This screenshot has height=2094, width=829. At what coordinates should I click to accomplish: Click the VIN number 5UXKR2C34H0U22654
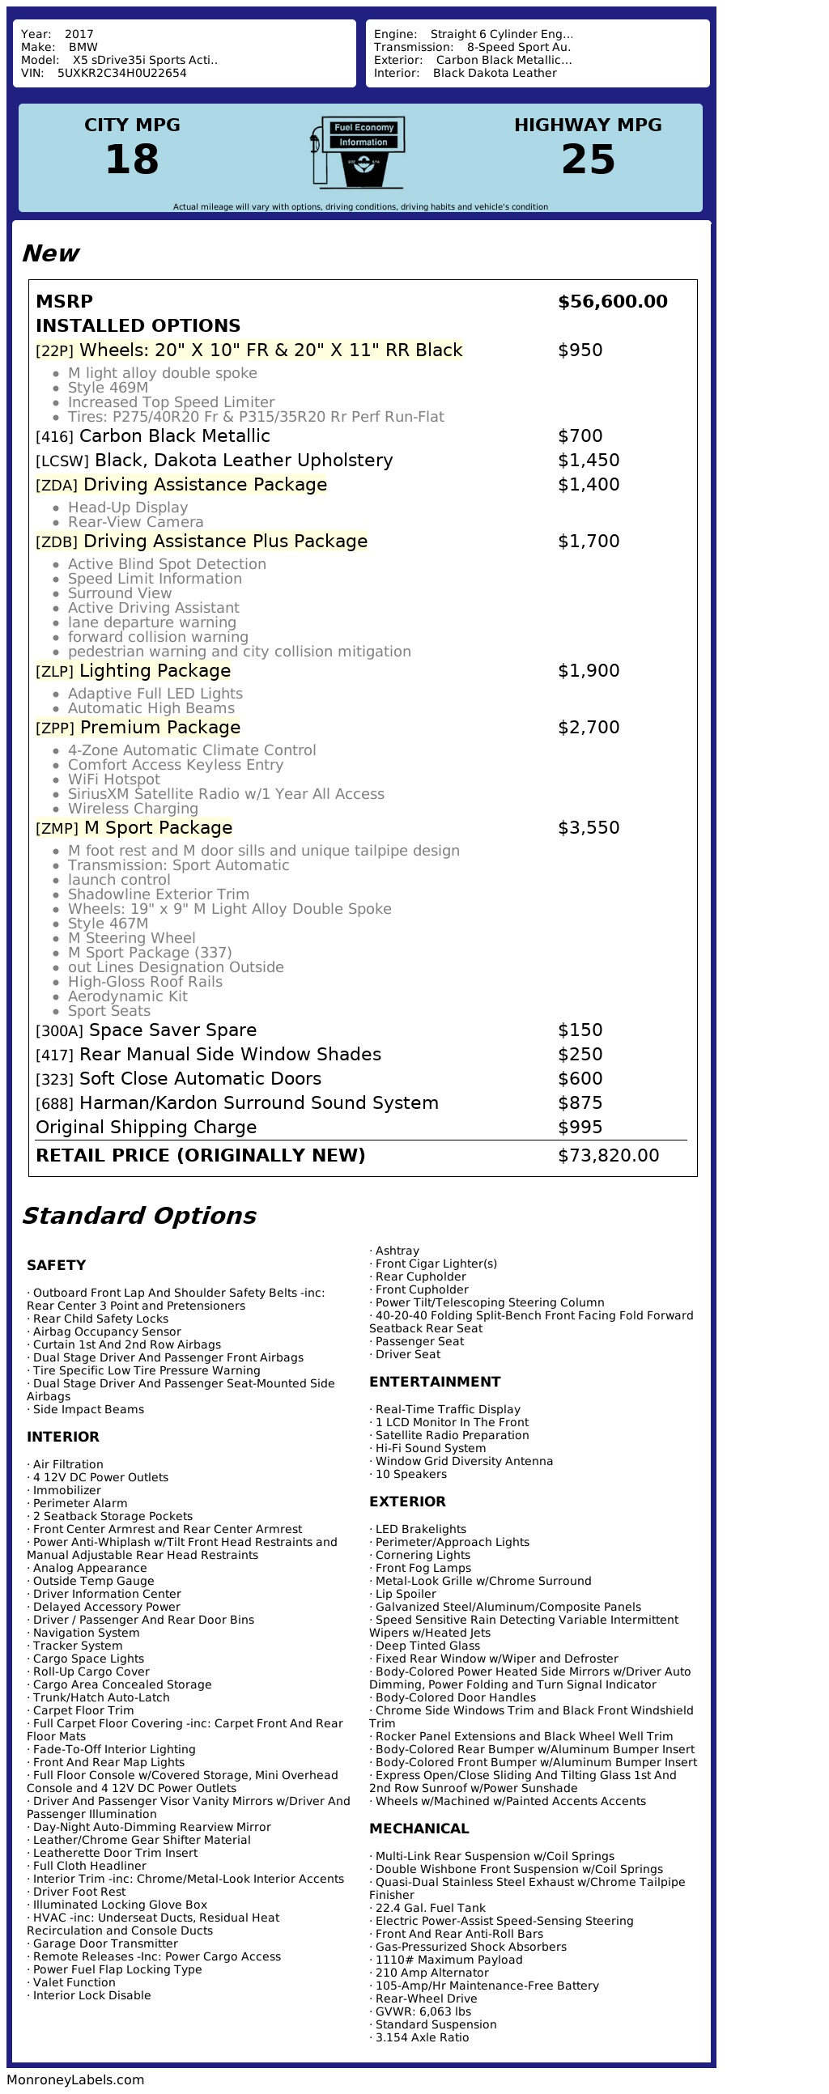point(122,73)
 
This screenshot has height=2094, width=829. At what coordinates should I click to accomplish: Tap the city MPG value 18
point(132,159)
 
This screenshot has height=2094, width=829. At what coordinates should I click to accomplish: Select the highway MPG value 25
point(588,159)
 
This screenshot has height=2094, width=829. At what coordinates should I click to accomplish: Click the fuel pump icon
point(357,152)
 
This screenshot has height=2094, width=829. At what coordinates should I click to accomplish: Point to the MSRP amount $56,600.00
point(612,302)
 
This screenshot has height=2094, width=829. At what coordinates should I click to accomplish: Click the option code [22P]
point(54,351)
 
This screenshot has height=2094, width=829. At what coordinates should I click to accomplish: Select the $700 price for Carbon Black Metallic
point(580,435)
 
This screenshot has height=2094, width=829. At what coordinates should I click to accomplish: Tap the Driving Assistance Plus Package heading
point(225,542)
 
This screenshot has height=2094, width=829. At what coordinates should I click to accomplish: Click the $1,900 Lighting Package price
point(588,671)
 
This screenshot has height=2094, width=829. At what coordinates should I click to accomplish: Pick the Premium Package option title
point(160,728)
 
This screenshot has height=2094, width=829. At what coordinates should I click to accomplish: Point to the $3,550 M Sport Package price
point(588,827)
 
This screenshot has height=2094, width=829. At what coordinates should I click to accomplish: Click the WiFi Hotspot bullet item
point(114,779)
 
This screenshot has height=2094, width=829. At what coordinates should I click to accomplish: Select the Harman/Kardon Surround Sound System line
point(258,1103)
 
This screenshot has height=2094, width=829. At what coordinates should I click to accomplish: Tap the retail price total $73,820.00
point(608,1155)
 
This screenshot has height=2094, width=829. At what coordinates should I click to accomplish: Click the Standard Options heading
point(139,1215)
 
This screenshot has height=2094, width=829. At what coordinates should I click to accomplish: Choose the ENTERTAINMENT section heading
point(435,1382)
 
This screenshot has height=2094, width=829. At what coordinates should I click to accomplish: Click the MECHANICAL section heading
point(419,1829)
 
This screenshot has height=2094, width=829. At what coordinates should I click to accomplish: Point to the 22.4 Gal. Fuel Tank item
point(430,1908)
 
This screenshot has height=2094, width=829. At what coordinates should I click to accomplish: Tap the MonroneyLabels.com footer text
point(75,2079)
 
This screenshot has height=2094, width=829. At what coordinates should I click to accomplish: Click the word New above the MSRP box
point(50,253)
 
